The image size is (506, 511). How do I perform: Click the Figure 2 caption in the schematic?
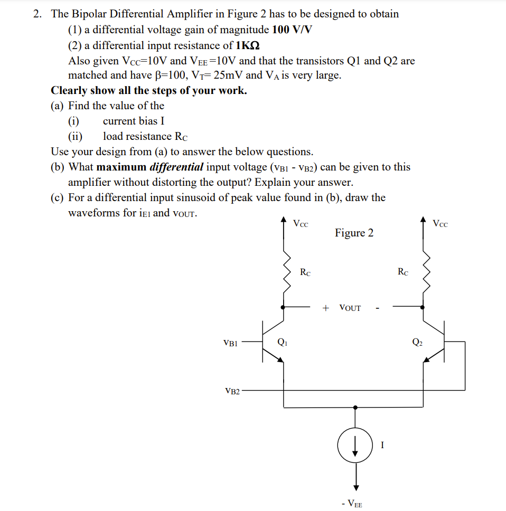click(x=354, y=233)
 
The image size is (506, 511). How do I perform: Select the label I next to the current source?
click(x=381, y=445)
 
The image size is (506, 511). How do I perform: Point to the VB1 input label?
click(x=231, y=343)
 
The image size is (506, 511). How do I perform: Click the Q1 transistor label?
click(x=283, y=342)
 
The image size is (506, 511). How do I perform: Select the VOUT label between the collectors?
click(x=350, y=308)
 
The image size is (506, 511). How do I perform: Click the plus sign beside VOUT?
click(x=326, y=308)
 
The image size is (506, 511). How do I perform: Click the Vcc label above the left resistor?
click(x=301, y=223)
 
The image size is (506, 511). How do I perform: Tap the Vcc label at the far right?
click(x=440, y=223)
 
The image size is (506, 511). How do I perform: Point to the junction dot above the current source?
click(x=355, y=408)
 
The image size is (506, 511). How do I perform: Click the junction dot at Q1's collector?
click(x=284, y=306)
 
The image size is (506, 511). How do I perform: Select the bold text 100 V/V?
click(x=293, y=30)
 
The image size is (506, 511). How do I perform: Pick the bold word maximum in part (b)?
click(x=121, y=167)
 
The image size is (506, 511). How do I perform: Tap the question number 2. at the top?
click(x=38, y=14)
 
